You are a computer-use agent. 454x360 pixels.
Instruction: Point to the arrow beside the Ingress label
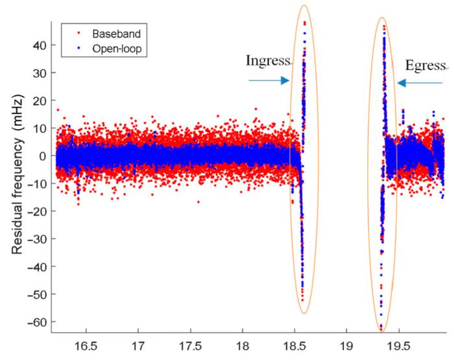(269, 81)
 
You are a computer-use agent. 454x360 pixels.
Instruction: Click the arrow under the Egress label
(420, 82)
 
